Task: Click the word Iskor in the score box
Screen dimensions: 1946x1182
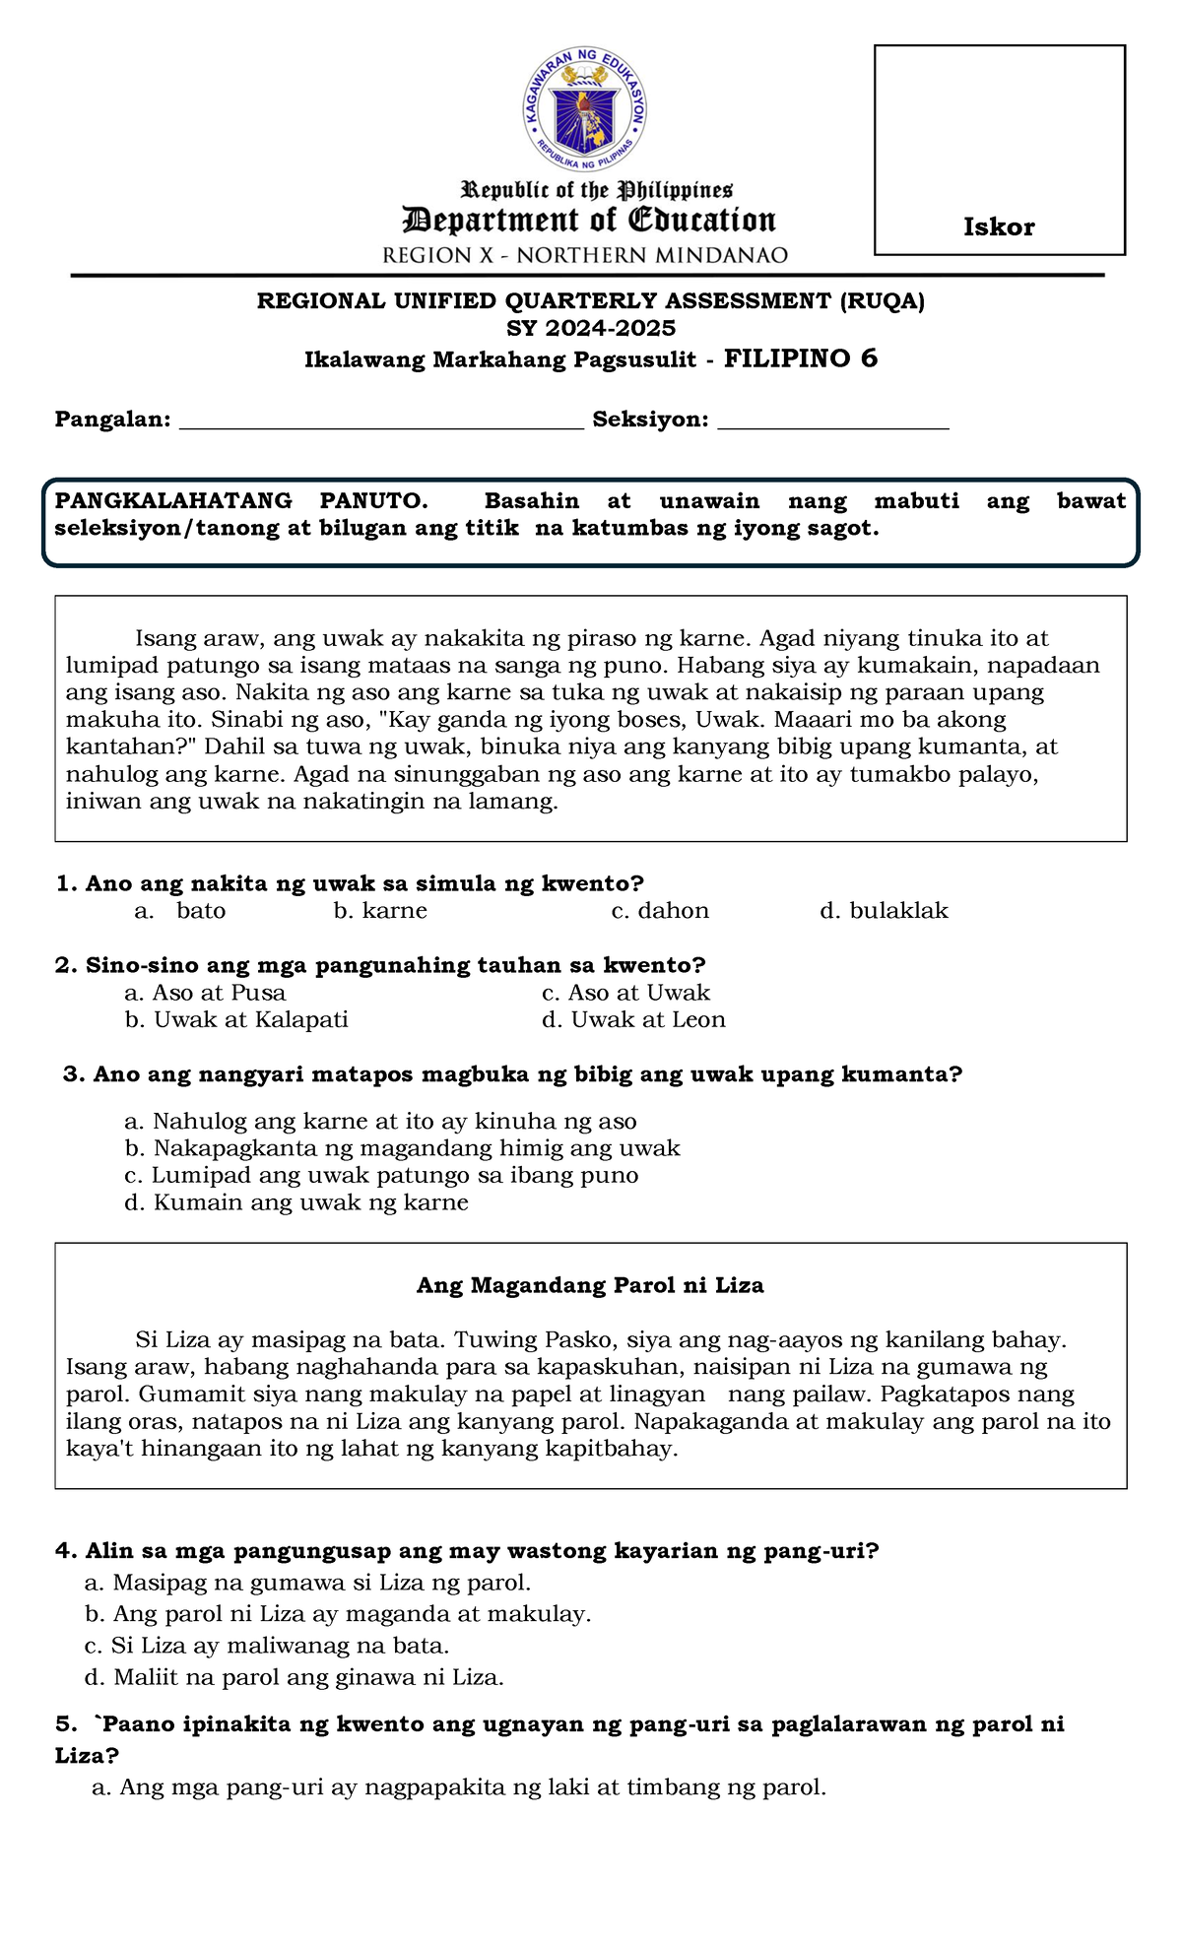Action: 998,227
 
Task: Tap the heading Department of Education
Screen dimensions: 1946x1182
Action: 589,221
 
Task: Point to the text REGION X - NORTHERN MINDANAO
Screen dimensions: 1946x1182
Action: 585,256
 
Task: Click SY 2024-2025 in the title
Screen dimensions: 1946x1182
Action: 591,328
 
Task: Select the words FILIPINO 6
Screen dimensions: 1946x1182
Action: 800,358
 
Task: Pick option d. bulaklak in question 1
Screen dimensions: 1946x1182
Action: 884,911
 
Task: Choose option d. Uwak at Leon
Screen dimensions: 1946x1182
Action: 633,1020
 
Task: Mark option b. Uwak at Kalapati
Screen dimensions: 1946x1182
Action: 236,1020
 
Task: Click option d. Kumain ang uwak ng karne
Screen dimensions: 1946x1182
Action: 296,1202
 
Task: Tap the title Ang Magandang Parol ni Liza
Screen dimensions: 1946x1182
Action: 590,1285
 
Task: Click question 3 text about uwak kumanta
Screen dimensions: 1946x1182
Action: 512,1074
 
